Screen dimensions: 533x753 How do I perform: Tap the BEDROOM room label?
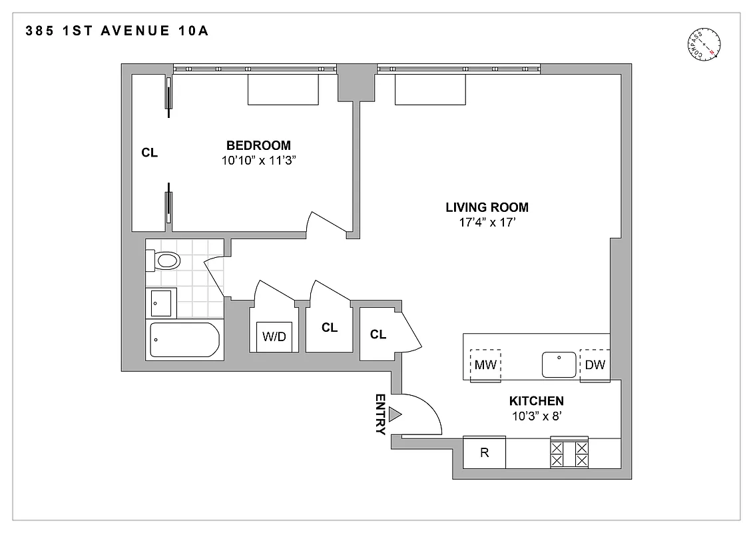(258, 146)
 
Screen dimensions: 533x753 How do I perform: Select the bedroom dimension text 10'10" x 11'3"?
(258, 161)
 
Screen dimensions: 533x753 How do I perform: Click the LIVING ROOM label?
(487, 207)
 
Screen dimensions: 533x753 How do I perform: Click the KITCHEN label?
(537, 401)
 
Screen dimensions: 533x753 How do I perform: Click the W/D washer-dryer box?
(274, 336)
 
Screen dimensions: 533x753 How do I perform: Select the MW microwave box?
(486, 365)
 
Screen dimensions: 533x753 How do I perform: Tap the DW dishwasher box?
(595, 365)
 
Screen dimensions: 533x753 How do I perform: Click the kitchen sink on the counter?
(559, 364)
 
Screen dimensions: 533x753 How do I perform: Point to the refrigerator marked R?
(485, 453)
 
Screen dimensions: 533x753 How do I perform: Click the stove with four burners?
(569, 453)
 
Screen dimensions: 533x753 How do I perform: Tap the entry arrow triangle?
(395, 415)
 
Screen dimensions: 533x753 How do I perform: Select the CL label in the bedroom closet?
(150, 153)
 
